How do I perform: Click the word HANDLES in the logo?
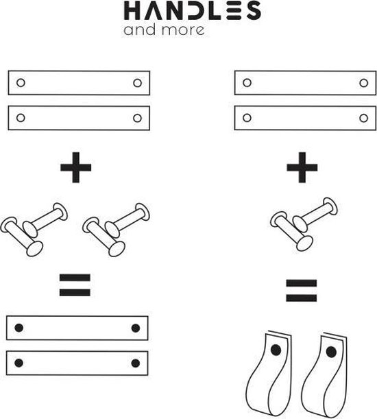coord(193,10)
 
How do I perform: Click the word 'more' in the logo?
coord(183,30)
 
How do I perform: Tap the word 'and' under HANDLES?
coord(139,29)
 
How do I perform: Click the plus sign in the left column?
coord(76,167)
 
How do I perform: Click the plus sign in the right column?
coord(302,167)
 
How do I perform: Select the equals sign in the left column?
coord(75,285)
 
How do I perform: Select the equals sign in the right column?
coord(302,291)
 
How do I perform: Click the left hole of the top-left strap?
coord(21,83)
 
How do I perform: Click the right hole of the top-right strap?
coord(364,83)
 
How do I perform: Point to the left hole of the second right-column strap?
coord(247,118)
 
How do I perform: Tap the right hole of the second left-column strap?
coord(137,118)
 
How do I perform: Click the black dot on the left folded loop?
coord(276,350)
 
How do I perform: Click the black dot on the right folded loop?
coord(331,352)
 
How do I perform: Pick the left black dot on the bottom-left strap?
coord(19,363)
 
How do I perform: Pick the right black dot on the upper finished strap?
coord(136,328)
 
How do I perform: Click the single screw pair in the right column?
coord(304,224)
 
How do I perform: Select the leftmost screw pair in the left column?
coord(34,230)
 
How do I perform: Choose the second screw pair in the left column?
coord(117,230)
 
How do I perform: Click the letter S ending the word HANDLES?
coord(254,10)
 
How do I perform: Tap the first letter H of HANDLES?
coord(132,11)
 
